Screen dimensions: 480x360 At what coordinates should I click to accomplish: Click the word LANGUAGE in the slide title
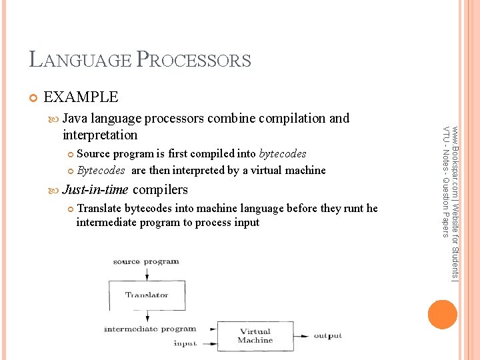[81, 60]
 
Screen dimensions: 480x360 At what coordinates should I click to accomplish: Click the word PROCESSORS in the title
[193, 60]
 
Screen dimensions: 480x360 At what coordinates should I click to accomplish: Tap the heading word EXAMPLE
[80, 97]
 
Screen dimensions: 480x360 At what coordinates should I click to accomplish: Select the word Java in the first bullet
[75, 119]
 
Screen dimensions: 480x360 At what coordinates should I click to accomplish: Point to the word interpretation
[99, 135]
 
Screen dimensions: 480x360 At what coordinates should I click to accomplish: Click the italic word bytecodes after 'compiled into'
[283, 154]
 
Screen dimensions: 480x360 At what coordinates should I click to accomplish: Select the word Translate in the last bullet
[99, 209]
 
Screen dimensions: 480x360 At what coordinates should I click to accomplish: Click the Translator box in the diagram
[147, 295]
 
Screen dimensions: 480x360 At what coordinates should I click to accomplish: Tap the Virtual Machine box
[255, 336]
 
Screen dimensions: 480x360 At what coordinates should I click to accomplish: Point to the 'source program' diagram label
[146, 262]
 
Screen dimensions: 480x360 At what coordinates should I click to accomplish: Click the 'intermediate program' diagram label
[150, 329]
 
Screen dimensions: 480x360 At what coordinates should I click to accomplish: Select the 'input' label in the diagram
[185, 343]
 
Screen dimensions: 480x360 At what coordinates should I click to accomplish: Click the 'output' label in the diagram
[327, 336]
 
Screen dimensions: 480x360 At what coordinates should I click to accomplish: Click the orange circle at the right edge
[443, 314]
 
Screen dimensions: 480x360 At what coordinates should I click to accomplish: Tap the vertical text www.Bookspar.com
[454, 200]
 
